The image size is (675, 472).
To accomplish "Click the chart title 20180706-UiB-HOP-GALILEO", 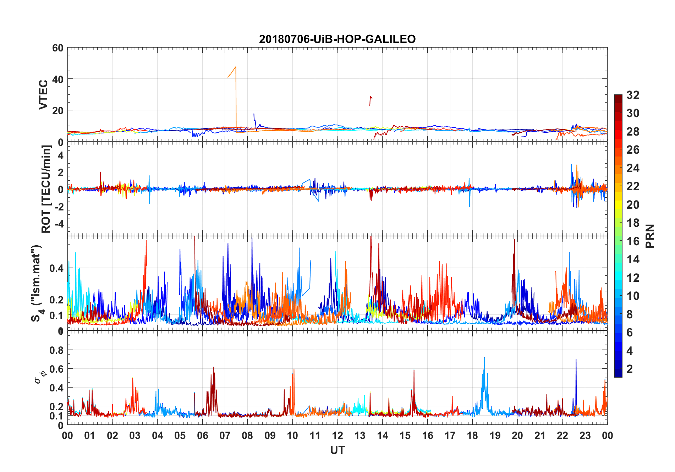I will tap(337, 39).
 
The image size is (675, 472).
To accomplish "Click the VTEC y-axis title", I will tap(43, 95).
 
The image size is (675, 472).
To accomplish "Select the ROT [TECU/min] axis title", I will tap(46, 189).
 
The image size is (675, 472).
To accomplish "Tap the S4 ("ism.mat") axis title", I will tap(37, 283).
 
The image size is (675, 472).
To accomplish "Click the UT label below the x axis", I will tap(337, 450).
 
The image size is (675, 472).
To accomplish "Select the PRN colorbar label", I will tap(650, 236).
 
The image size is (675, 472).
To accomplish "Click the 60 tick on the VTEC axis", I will tap(58, 48).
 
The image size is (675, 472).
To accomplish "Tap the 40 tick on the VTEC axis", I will tap(58, 79).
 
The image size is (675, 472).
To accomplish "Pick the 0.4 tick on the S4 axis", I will tap(57, 268).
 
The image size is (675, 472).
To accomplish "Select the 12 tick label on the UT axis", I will tap(337, 435).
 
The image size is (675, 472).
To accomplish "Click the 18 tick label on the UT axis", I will tap(472, 435).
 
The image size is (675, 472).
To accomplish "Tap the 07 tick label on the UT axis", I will tap(225, 435).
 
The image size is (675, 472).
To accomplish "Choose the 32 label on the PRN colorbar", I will tap(633, 95).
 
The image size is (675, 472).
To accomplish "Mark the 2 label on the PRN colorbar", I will tap(630, 369).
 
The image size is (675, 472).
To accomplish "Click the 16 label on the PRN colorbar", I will tap(633, 241).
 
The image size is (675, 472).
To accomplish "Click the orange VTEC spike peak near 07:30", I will tap(236, 67).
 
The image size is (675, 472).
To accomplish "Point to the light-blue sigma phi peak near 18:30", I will tap(484, 358).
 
